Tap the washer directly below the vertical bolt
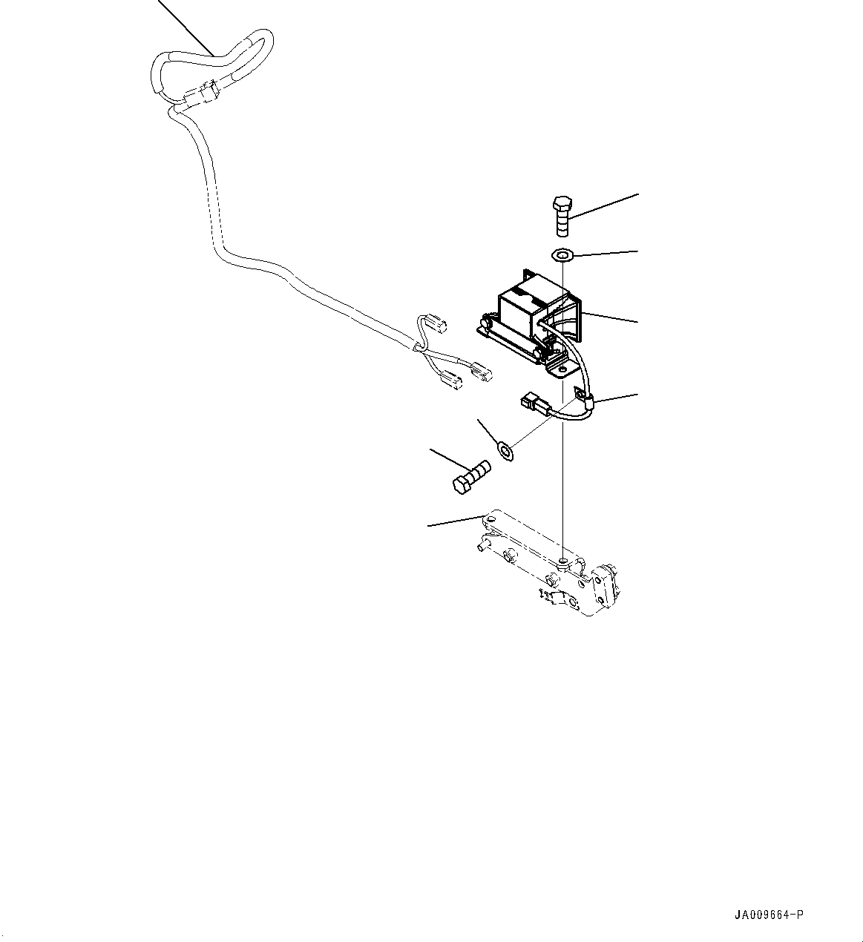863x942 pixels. pyautogui.click(x=563, y=256)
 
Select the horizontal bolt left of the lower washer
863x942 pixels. pyautogui.click(x=470, y=477)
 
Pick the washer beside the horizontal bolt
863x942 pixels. pyautogui.click(x=506, y=449)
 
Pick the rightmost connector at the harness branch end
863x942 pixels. pyautogui.click(x=479, y=371)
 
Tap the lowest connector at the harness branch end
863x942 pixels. pyautogui.click(x=450, y=383)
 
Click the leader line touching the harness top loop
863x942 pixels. pyautogui.click(x=186, y=26)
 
